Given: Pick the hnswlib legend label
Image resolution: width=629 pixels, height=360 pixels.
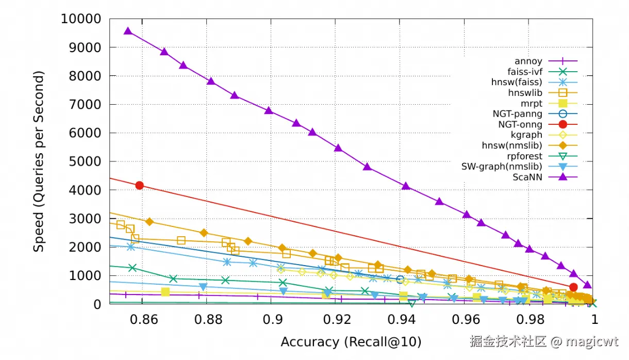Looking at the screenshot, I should coord(525,93).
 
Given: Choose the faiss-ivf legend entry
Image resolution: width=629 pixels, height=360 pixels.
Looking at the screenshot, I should coord(524,72).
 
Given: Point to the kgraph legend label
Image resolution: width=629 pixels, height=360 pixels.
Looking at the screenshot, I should coord(526,135).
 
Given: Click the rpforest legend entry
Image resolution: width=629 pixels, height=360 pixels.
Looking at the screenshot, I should coord(525,156).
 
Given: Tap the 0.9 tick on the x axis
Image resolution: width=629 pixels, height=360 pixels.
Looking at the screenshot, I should coord(271,319).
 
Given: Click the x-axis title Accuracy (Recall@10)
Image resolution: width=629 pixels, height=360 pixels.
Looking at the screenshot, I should coord(351,341).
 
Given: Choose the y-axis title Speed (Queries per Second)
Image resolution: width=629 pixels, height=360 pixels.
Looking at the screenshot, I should coord(39,161).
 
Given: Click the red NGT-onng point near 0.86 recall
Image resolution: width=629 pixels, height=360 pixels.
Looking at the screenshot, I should coord(139,185).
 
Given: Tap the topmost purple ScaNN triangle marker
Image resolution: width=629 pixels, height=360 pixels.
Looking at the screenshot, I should coord(128,31).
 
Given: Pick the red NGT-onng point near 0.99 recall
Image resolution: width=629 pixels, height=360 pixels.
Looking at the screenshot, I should coord(573,287).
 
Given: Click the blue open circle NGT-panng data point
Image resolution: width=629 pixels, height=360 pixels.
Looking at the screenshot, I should coord(400,279).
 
